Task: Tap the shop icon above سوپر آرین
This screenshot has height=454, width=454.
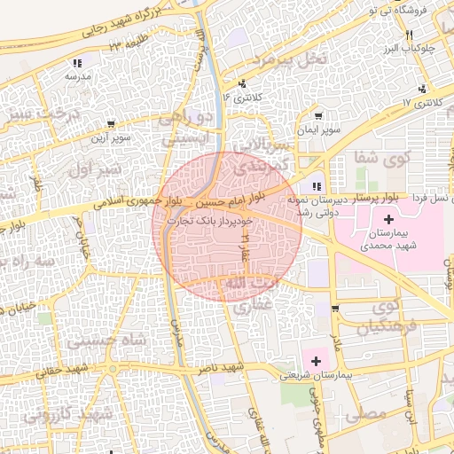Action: [x=109, y=124]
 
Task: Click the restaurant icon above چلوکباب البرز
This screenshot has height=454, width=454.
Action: [x=409, y=35]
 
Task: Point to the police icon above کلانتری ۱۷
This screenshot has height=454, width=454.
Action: [x=422, y=89]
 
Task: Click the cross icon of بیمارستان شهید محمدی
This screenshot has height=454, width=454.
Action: [x=388, y=218]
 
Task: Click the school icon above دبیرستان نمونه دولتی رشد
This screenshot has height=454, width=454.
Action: [x=316, y=186]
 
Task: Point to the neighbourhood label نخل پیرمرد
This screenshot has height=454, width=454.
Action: [x=290, y=59]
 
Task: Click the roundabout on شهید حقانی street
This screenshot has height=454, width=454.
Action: [x=113, y=367]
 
